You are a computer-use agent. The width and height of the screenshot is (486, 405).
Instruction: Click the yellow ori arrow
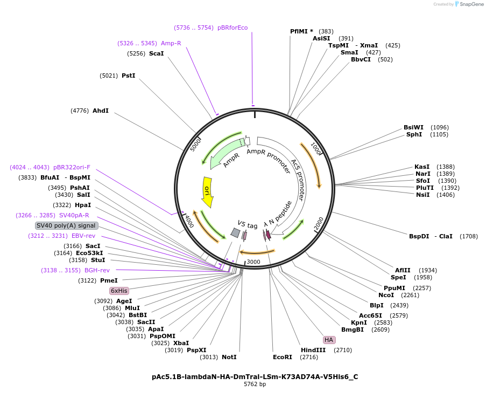coord(207,191)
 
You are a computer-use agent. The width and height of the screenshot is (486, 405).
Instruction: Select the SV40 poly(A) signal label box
coord(66,225)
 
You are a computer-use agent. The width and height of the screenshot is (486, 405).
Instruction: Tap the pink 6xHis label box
coord(119,291)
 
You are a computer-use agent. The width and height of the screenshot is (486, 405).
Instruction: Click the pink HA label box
coord(329,340)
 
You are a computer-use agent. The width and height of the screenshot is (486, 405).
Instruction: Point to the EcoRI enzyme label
coord(282,357)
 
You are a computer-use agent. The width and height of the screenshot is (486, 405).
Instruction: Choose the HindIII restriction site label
coord(313,350)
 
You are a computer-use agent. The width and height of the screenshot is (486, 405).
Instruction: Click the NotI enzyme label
coord(229,357)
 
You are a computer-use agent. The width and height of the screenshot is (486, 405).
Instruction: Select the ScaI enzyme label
coord(156,53)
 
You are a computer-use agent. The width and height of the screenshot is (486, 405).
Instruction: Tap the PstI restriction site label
coord(128,75)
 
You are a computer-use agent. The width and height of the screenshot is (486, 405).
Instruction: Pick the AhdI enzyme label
coord(101,111)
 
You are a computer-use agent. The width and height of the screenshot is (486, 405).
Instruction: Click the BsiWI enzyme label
coord(413,127)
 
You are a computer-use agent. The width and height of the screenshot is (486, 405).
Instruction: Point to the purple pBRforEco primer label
coord(233,27)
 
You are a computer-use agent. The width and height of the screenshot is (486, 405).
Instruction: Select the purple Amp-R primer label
coord(171,43)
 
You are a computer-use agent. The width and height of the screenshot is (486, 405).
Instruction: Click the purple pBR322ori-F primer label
coord(72,167)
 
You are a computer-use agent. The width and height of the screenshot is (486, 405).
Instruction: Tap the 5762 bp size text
coord(255,385)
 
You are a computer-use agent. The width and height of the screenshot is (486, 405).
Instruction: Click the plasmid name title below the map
coord(255,377)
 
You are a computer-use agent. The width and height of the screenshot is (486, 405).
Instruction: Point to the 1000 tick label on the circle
coord(316,149)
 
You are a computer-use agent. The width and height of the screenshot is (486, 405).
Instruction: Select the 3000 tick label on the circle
coord(253,262)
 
